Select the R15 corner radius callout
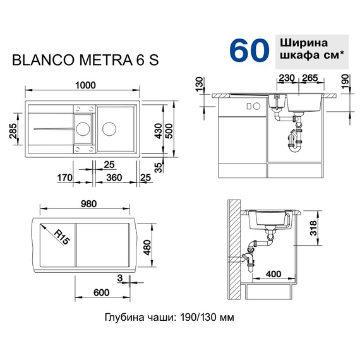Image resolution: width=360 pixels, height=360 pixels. [x=61, y=238]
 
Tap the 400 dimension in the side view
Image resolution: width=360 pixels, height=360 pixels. [x=273, y=274]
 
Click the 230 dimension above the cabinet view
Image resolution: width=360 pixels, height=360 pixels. [x=286, y=78]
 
